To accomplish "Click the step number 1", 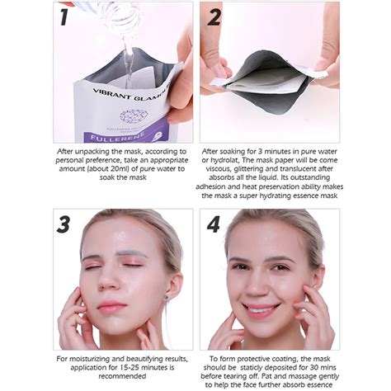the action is pyautogui.click(x=64, y=17).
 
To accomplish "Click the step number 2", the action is pyautogui.click(x=214, y=17).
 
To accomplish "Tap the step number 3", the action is pyautogui.click(x=64, y=224).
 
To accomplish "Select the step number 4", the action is pyautogui.click(x=214, y=224).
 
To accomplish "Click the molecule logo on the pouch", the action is pyautogui.click(x=134, y=116).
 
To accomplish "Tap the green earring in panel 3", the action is pyautogui.click(x=167, y=297).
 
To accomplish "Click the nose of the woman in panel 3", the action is pyautogui.click(x=107, y=282).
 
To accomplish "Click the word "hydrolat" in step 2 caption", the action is pyautogui.click(x=224, y=160).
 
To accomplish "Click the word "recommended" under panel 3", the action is pyautogui.click(x=122, y=376).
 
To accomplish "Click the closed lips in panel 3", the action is pyautogui.click(x=112, y=306).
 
